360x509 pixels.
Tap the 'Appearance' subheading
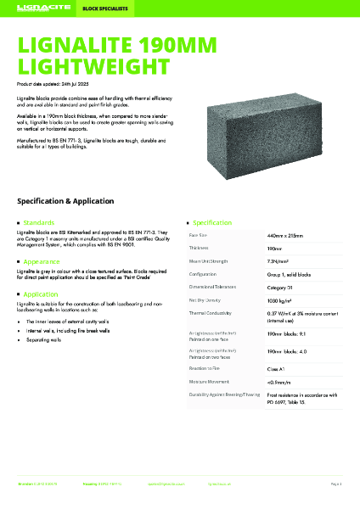[x=42, y=262]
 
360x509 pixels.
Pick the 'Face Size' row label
[x=198, y=234]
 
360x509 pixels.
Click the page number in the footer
[x=335, y=483]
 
